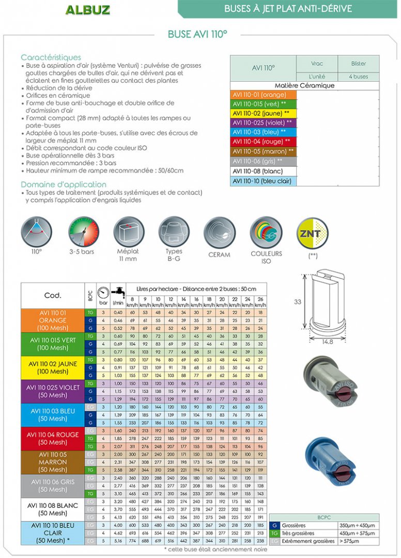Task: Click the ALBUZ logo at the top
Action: [x=87, y=10]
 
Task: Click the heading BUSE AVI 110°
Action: [x=197, y=34]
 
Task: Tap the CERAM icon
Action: [x=219, y=233]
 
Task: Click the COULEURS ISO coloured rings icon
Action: [x=266, y=233]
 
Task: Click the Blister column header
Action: [x=358, y=64]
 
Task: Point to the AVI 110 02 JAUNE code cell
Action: [x=53, y=367]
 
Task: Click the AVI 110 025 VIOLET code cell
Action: [x=53, y=391]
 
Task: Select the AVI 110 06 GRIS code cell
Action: [x=53, y=486]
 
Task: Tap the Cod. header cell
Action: [x=53, y=296]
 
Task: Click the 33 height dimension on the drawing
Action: [x=298, y=301]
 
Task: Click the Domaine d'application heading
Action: [x=64, y=184]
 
